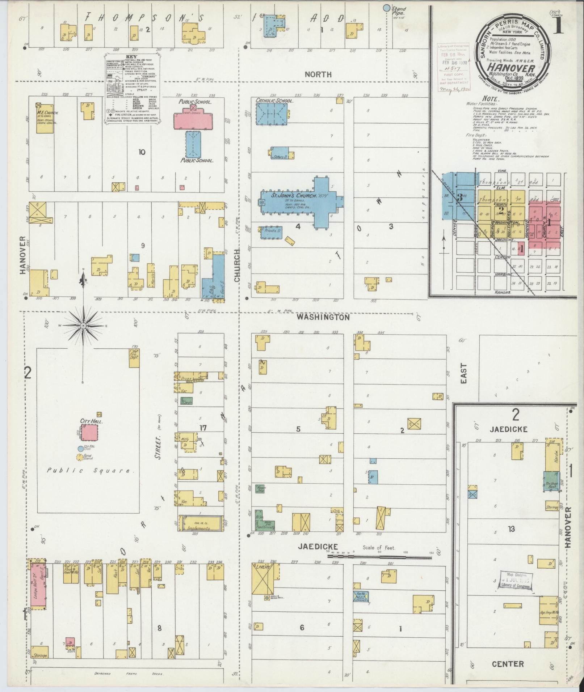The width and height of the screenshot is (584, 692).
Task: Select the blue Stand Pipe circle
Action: point(387,7)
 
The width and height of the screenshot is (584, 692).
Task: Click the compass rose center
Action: point(83,326)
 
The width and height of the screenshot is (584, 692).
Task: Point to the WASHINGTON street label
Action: point(323,317)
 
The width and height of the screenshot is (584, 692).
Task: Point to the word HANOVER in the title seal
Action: point(511,68)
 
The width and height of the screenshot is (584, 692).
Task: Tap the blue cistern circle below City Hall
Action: point(80,449)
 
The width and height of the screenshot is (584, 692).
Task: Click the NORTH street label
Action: point(318,75)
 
